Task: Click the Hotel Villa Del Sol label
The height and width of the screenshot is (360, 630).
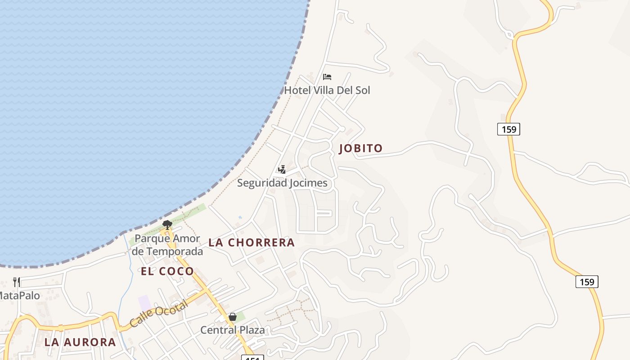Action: point(327,90)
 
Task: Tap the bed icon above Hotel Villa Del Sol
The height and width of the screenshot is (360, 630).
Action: point(327,77)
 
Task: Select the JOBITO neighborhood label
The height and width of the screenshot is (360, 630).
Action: point(360,148)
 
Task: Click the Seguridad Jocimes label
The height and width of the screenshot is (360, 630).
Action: point(282,183)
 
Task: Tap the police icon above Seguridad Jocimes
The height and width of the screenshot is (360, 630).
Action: point(282,170)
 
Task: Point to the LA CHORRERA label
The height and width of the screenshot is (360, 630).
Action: point(252,243)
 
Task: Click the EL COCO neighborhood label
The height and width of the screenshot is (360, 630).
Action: point(167,271)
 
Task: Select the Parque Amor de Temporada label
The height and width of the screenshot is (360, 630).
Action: point(167,245)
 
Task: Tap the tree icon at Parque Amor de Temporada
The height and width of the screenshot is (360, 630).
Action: point(167,224)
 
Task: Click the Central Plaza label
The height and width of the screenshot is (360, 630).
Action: point(233,330)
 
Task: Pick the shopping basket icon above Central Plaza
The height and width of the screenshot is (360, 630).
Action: point(233,317)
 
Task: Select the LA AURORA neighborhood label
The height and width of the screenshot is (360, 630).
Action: point(80,342)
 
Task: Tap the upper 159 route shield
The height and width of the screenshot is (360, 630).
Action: point(508,129)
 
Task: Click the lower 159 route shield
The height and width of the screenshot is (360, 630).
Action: point(587,282)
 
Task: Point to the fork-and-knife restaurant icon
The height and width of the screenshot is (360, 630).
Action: point(17,282)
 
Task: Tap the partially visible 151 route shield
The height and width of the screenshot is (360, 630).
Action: point(252,357)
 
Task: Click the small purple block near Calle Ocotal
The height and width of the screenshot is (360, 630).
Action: point(144,302)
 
